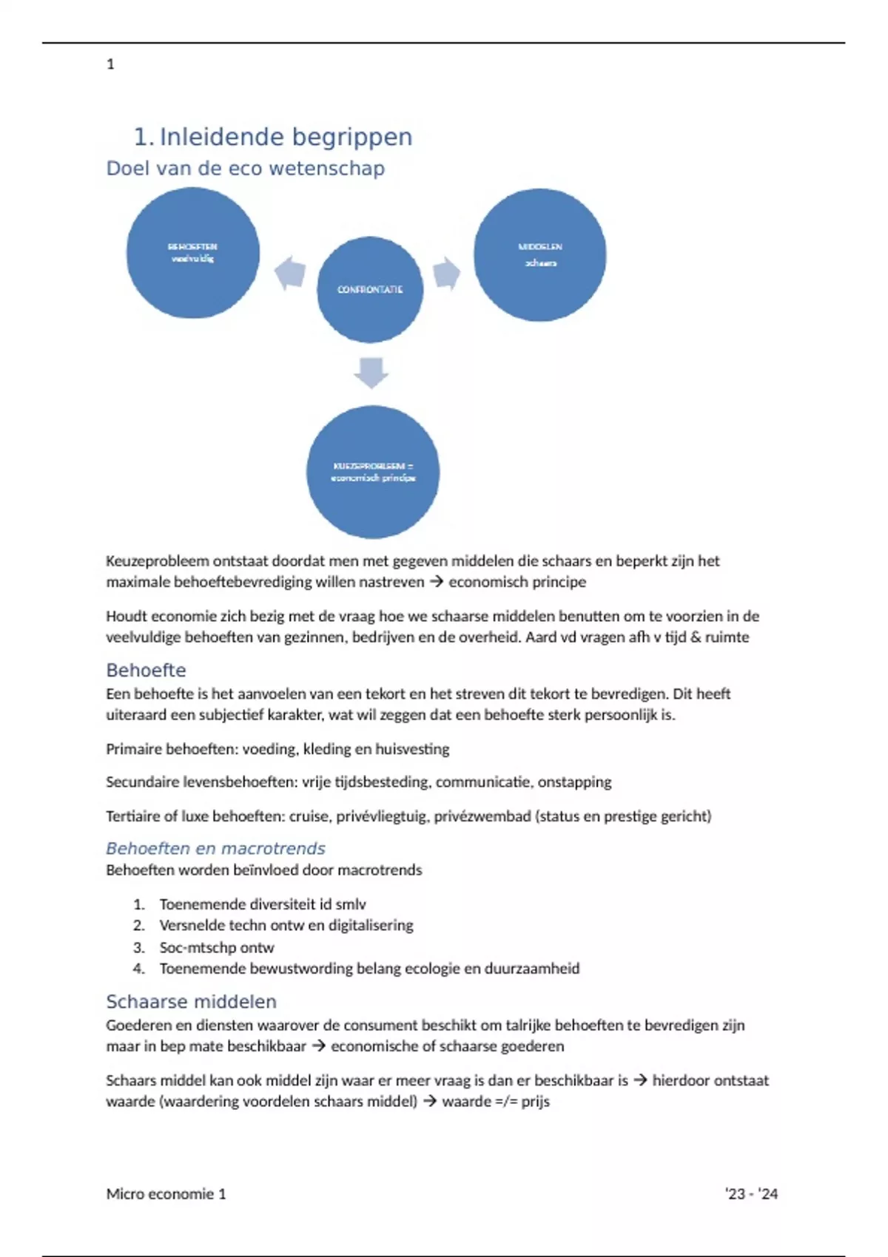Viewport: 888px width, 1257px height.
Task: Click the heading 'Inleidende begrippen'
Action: pyautogui.click(x=286, y=137)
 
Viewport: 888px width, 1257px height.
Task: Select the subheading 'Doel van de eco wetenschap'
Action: pyautogui.click(x=245, y=169)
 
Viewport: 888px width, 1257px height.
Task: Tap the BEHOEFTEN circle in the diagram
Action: pyautogui.click(x=192, y=253)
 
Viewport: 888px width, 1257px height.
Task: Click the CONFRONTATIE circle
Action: pyautogui.click(x=370, y=289)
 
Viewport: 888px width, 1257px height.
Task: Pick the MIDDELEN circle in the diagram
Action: pyautogui.click(x=539, y=255)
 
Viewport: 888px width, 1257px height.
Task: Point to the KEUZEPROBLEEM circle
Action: pyautogui.click(x=373, y=472)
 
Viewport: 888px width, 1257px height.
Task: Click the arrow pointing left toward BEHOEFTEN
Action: pyautogui.click(x=290, y=274)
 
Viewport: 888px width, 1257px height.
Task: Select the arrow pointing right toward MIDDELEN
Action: pyautogui.click(x=446, y=274)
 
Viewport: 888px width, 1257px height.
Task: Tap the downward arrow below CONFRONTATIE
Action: pyautogui.click(x=371, y=372)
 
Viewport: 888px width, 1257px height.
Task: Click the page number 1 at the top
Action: pyautogui.click(x=110, y=64)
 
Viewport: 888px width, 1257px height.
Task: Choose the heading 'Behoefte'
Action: pyautogui.click(x=146, y=671)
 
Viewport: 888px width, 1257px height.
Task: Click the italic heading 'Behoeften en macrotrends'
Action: pyautogui.click(x=215, y=848)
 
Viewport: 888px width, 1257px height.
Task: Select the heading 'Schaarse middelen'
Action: pyautogui.click(x=191, y=1002)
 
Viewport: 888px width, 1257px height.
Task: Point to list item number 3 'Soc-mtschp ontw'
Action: pyautogui.click(x=216, y=947)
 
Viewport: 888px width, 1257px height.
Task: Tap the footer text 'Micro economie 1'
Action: pyautogui.click(x=166, y=1193)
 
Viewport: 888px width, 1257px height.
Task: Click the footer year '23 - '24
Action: pyautogui.click(x=751, y=1193)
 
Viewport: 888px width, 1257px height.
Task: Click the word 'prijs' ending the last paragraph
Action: pyautogui.click(x=535, y=1101)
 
